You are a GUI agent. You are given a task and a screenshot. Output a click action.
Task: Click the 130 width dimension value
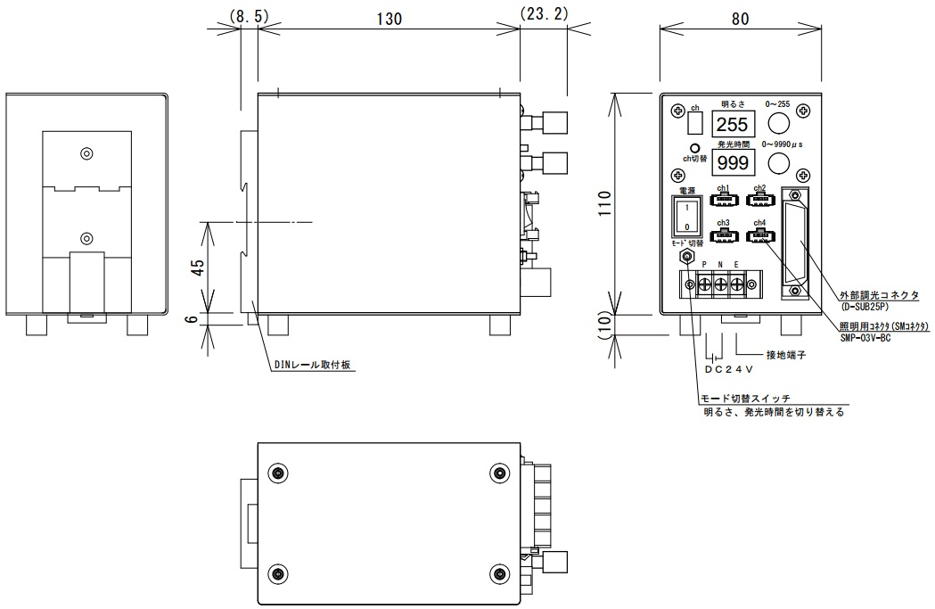pos(388,18)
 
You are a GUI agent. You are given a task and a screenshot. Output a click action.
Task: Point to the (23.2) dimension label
pos(544,16)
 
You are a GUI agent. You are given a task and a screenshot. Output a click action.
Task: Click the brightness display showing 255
pos(733,125)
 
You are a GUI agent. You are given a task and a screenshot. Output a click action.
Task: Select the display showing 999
pos(733,162)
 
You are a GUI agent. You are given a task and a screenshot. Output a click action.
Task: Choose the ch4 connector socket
pos(759,236)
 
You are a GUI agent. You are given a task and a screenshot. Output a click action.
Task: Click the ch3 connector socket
pos(723,236)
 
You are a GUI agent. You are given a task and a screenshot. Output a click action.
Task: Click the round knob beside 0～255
pos(780,122)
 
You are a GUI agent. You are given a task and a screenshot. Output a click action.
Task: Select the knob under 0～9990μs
pos(780,160)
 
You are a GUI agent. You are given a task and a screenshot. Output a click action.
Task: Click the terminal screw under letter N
pos(719,284)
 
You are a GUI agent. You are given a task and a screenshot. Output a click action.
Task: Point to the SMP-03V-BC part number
pos(865,339)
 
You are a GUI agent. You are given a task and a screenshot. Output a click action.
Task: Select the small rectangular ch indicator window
pos(695,121)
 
